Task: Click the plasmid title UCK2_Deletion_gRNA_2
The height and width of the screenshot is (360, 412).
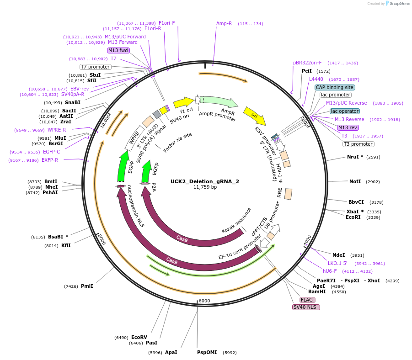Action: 205,181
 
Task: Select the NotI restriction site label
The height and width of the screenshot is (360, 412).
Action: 355,182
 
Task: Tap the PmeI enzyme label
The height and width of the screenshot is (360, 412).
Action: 87,286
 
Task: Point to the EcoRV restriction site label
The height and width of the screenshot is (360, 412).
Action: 139,337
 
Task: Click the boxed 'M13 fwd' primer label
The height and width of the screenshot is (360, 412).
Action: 118,50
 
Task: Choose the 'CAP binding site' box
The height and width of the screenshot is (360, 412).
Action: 335,87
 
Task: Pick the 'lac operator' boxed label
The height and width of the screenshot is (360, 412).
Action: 345,111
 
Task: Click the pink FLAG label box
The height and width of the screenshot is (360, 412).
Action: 307,300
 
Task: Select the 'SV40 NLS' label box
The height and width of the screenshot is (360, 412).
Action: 306,307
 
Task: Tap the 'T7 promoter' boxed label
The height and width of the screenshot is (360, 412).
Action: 95,67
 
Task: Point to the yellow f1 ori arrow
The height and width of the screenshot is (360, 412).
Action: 183,102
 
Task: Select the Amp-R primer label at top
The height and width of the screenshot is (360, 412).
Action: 224,23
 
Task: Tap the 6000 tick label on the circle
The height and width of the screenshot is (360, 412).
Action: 204,301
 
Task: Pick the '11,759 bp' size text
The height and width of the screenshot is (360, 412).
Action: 205,187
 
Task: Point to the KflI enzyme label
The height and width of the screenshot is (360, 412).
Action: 66,245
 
